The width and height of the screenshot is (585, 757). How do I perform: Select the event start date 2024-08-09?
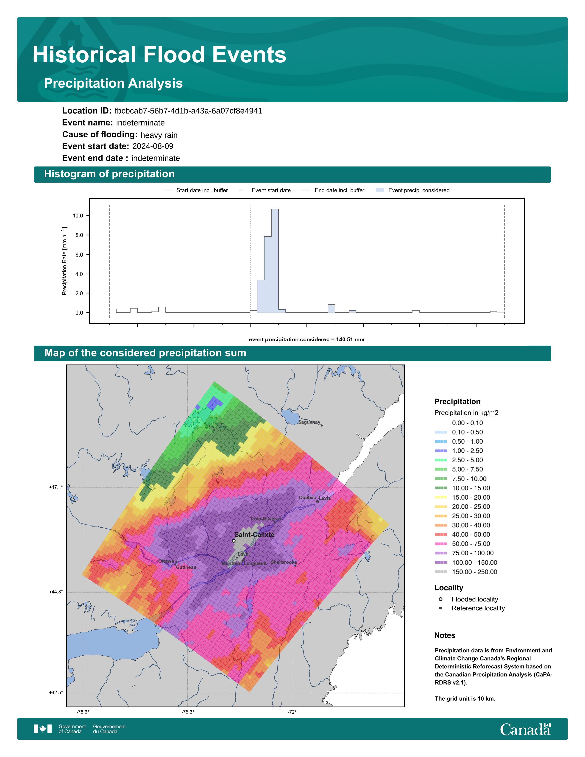point(153,146)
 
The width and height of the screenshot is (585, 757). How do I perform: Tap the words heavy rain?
point(159,135)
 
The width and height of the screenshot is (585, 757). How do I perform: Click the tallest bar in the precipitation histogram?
point(275,261)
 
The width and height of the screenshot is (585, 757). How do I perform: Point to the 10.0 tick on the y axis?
point(78,216)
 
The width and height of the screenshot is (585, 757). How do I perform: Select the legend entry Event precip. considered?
point(412,190)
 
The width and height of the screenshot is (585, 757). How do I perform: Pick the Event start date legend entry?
point(265,190)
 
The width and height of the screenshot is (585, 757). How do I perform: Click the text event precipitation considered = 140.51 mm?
point(306,340)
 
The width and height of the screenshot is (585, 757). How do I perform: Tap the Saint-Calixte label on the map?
point(254,534)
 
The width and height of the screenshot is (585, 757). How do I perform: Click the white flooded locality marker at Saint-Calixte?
point(234,541)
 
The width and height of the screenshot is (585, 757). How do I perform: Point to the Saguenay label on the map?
point(309,422)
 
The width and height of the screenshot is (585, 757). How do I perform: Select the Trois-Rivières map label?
point(265,519)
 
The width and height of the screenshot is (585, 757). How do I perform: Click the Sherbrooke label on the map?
point(284,562)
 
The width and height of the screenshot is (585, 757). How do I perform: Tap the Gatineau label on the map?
point(186,567)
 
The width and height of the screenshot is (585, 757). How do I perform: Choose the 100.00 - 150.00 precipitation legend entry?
point(466,562)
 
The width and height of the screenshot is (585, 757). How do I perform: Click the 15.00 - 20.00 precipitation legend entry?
point(463,497)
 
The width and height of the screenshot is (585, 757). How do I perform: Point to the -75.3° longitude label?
point(188,712)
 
